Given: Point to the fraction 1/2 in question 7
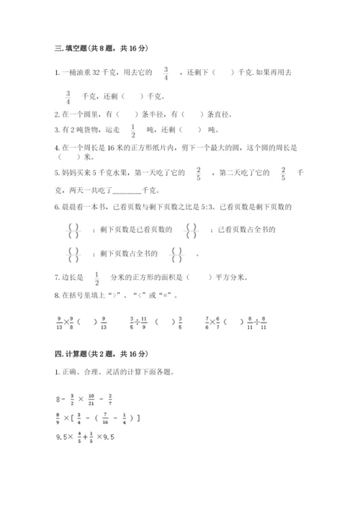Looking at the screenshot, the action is pos(96,277).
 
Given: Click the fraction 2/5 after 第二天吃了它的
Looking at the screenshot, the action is pos(283,173).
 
